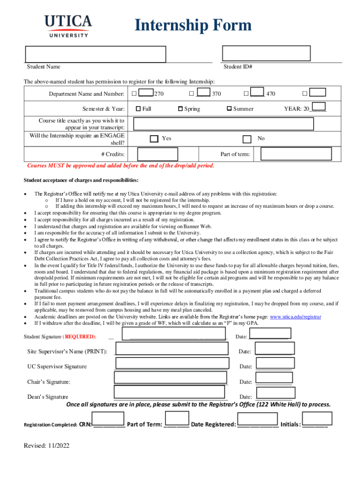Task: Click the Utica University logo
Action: (68, 26)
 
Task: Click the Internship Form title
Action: (193, 25)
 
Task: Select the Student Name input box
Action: (95, 54)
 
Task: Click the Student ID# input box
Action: (266, 54)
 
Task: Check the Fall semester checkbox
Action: (138, 109)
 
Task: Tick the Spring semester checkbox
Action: (180, 109)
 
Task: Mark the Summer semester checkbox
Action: (229, 109)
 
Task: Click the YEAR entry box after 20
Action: (318, 107)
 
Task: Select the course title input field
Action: (223, 123)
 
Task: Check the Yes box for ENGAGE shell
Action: (154, 139)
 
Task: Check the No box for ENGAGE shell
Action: (247, 139)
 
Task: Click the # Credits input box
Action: (158, 154)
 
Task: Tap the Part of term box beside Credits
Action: (296, 154)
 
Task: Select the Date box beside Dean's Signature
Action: (275, 393)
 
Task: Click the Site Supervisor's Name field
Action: (172, 349)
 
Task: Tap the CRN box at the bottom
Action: (108, 419)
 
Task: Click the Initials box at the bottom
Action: (317, 418)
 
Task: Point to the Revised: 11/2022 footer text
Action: (47, 446)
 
